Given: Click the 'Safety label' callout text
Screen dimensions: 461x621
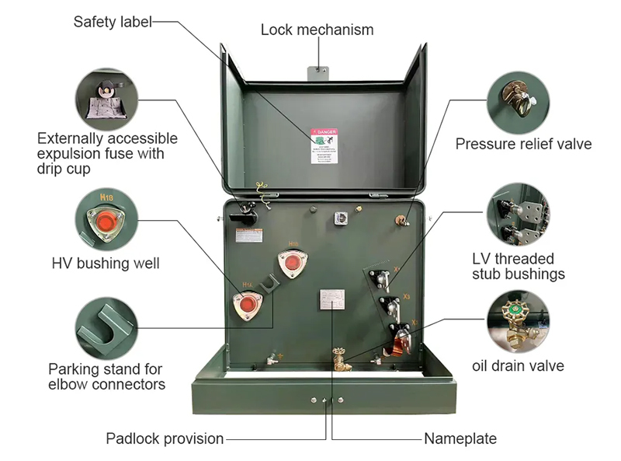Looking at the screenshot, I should tap(113, 22).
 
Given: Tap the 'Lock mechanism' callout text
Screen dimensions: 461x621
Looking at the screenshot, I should tap(317, 30).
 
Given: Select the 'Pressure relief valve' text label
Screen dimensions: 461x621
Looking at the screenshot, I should tap(523, 144).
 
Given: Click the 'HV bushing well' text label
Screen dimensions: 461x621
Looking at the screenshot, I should tap(106, 264).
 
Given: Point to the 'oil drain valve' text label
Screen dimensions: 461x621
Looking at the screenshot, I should tap(518, 365).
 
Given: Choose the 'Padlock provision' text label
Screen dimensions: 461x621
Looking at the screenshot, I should tap(165, 438).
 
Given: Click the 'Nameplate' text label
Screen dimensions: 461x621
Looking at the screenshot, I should tap(460, 438).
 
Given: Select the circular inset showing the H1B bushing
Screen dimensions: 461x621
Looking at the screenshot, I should tap(106, 219).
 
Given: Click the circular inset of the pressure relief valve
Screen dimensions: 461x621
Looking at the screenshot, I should tap(518, 100).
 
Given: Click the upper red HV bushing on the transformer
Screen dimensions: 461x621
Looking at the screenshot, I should tap(292, 264).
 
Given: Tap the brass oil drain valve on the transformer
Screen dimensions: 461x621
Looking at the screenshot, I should tap(339, 360).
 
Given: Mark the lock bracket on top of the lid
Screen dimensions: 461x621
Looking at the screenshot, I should tap(317, 72).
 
